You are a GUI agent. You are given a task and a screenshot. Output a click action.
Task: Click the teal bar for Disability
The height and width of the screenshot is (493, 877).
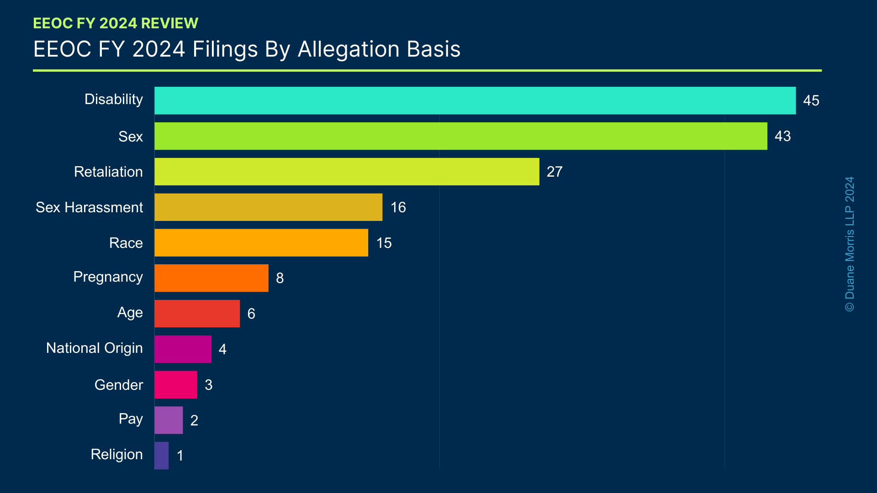pos(475,100)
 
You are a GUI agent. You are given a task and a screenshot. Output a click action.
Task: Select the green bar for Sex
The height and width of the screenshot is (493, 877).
pos(460,136)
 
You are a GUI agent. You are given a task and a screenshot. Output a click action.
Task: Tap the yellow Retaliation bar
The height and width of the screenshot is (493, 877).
pos(347,172)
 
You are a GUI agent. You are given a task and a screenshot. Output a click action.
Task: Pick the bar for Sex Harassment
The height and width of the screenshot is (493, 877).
pos(268,207)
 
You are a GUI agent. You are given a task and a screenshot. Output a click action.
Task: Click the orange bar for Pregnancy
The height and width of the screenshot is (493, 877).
pos(211,278)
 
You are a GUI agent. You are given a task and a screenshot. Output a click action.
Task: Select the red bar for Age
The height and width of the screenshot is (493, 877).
pos(197,314)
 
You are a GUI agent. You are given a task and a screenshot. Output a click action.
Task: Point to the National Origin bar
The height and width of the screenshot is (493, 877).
pos(183,349)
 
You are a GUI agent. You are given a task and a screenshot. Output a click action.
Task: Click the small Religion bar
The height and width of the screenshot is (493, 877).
pos(161,456)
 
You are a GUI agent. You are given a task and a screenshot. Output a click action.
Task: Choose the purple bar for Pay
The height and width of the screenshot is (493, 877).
pos(169,420)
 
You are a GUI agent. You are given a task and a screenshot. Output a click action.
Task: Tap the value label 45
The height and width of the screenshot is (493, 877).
pos(811,100)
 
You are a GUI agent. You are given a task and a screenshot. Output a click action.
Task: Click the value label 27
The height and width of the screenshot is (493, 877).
pos(555,172)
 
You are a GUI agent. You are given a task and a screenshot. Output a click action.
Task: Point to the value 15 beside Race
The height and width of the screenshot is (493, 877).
pos(384,243)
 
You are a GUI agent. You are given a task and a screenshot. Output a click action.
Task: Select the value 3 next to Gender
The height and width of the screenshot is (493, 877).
pos(209,385)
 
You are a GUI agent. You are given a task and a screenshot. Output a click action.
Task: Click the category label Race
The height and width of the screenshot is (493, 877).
pos(126,243)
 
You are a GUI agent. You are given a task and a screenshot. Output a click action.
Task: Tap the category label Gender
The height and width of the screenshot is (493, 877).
pos(118,385)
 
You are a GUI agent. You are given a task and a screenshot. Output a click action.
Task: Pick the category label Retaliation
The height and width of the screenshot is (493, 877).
pos(108,172)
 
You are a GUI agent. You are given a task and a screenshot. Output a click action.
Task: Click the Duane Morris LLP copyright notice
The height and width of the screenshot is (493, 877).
pos(850,244)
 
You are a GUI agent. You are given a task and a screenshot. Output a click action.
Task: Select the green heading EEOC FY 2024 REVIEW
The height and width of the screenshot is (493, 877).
pos(116,23)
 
